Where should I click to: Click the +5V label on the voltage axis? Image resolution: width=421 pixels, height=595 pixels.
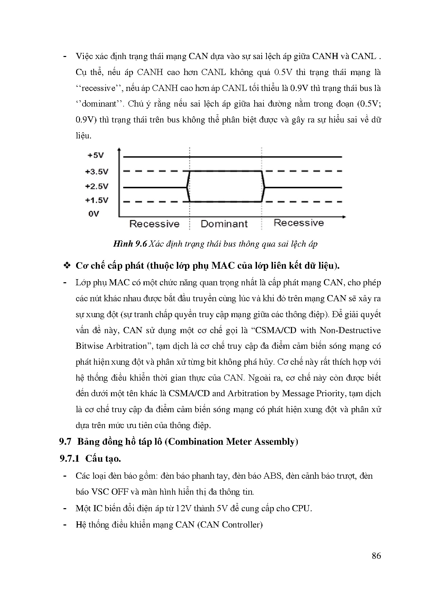[96, 155]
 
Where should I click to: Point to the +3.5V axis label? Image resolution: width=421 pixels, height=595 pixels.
[96, 172]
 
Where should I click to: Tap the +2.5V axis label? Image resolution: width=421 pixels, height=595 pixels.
[96, 186]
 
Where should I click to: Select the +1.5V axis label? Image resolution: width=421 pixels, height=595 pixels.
[96, 200]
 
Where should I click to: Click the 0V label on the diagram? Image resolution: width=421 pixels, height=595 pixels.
[94, 214]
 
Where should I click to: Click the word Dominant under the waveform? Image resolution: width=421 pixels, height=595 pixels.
[224, 224]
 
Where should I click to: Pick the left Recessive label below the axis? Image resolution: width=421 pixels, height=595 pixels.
[154, 224]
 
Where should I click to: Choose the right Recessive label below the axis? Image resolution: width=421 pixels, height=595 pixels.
[298, 223]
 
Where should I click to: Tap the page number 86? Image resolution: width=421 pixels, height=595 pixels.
[376, 556]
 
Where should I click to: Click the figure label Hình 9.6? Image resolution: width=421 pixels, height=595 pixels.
[130, 244]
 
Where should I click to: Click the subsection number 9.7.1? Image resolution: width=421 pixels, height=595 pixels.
[69, 459]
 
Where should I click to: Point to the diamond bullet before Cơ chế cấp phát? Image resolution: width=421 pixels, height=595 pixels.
[67, 266]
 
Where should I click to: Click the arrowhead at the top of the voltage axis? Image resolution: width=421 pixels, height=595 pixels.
[119, 150]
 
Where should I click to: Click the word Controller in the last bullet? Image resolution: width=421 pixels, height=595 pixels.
[242, 525]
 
